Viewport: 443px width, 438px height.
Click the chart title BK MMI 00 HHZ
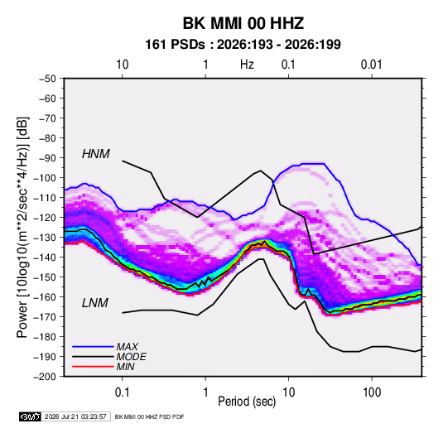[243, 23]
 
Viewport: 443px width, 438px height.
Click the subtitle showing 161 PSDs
[243, 45]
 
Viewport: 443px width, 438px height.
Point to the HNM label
[96, 154]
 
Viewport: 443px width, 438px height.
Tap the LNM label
[95, 303]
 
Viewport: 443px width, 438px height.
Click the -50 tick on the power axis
[48, 79]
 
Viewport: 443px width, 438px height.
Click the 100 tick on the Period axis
[372, 392]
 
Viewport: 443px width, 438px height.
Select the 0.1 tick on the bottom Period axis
[122, 392]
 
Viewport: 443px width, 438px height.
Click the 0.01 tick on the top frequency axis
[372, 65]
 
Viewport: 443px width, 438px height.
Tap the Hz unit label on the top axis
[247, 65]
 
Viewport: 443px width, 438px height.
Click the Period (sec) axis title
[247, 402]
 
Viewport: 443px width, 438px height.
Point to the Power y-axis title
[22, 228]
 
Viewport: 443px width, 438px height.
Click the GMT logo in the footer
[31, 416]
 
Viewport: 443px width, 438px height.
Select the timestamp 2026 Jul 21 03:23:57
[75, 416]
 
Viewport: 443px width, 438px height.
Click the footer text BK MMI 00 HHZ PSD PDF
[149, 416]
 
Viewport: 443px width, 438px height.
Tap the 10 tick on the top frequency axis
[122, 65]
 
